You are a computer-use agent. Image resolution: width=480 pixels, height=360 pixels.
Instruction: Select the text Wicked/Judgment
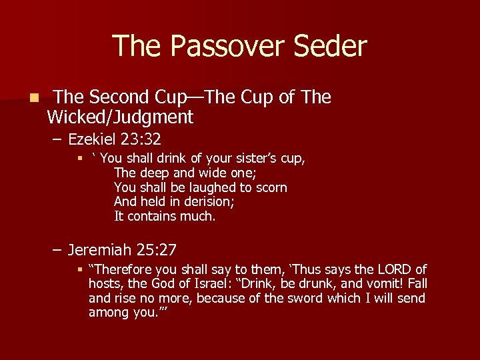point(120,118)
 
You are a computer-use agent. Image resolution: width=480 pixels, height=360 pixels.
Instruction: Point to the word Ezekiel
point(93,139)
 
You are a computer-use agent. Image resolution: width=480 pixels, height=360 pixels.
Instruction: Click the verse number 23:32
point(141,139)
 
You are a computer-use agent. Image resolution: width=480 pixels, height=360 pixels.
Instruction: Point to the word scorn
point(269,188)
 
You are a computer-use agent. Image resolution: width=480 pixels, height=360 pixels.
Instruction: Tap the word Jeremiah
point(99,250)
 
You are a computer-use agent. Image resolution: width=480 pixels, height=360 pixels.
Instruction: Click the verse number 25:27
point(155,250)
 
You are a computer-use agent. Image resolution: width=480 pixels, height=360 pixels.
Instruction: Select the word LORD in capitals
point(395,269)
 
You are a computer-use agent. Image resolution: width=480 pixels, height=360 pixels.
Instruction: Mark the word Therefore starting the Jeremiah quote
point(122,269)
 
